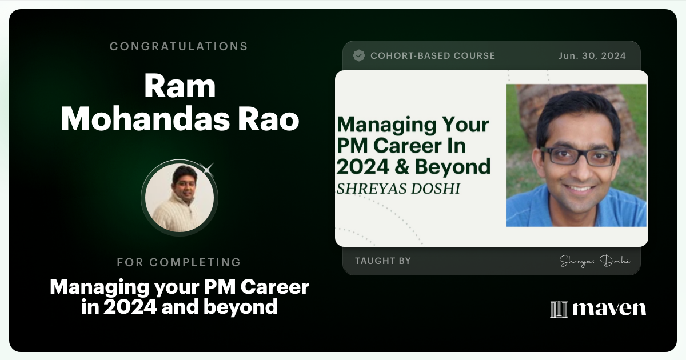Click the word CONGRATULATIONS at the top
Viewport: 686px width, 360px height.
[x=179, y=46]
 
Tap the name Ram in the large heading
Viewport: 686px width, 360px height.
[x=180, y=86]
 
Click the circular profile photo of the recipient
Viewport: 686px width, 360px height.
[x=180, y=198]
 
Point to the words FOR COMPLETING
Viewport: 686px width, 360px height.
[x=179, y=262]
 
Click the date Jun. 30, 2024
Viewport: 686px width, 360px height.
[x=592, y=55]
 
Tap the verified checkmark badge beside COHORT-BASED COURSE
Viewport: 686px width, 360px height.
[x=359, y=55]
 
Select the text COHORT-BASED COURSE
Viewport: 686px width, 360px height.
[x=433, y=55]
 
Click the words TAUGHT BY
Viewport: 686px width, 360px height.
[x=383, y=261]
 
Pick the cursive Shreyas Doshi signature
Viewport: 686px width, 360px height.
[x=595, y=261]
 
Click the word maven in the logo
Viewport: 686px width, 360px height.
[x=609, y=309]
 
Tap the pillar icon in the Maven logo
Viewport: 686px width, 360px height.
[x=559, y=309]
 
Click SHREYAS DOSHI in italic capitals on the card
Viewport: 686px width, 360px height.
[x=398, y=189]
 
